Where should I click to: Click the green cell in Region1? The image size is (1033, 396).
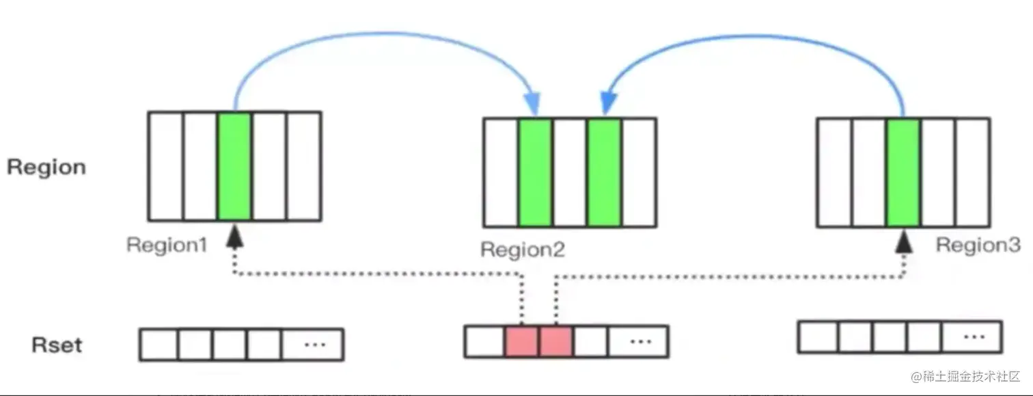tap(235, 166)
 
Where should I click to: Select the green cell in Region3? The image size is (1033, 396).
tap(903, 172)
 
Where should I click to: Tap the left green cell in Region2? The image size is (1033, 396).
tap(535, 172)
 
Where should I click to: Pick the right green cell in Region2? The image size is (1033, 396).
tap(604, 172)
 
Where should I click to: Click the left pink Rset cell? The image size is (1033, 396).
tap(521, 341)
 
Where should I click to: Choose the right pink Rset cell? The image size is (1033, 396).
tap(556, 341)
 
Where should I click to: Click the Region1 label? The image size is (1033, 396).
tap(167, 245)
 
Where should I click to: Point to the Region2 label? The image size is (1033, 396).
tap(523, 250)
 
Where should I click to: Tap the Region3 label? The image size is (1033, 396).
tap(978, 245)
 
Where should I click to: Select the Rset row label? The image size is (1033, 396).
tap(57, 345)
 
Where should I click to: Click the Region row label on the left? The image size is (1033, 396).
tap(46, 167)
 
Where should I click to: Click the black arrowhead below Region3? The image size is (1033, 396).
tap(904, 242)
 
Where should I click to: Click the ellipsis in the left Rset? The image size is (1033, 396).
tap(316, 344)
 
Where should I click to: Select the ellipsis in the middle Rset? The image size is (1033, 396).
tap(641, 341)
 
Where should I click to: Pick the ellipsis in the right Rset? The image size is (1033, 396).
tap(974, 337)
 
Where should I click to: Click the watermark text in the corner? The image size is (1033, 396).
tap(965, 377)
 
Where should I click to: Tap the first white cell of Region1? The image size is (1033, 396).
tap(166, 166)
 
